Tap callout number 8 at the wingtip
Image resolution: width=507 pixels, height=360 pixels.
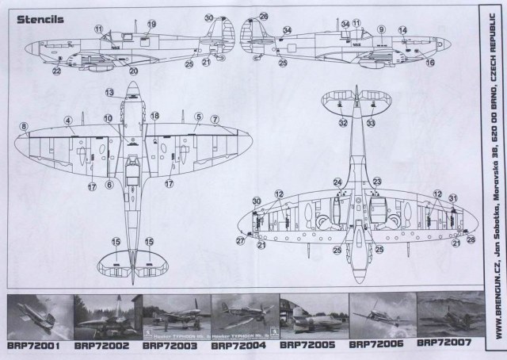25,126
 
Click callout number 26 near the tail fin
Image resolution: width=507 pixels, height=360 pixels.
264,16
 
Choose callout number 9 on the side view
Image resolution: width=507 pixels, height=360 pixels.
381,29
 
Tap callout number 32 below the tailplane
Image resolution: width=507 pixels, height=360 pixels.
342,123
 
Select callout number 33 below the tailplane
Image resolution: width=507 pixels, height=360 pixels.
372,123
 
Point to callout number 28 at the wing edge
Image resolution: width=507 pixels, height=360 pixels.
471,239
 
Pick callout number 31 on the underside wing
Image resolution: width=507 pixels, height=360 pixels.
452,197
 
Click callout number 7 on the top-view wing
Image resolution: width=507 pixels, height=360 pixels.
214,120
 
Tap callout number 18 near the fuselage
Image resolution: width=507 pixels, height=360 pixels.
154,116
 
